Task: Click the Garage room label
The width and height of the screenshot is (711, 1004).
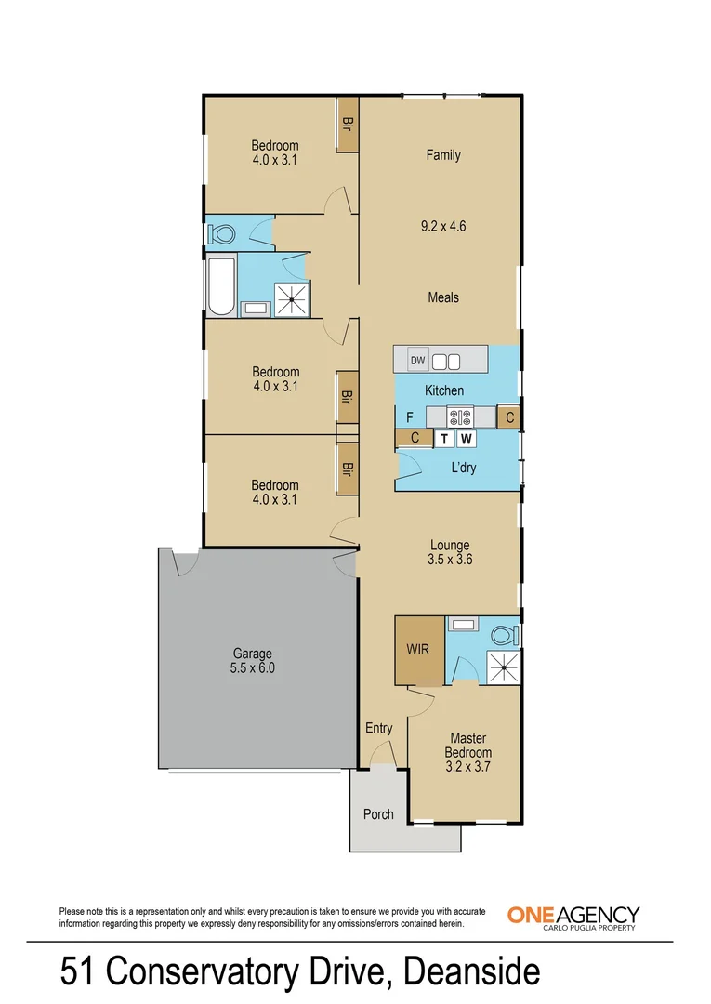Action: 253,654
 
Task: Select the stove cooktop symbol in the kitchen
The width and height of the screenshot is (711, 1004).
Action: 460,416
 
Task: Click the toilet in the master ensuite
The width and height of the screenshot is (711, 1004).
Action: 503,635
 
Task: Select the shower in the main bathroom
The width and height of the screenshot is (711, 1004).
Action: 294,297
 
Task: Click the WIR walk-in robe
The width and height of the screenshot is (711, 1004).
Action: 418,649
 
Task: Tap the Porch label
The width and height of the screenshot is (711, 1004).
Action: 378,814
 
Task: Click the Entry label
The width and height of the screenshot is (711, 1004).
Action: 378,728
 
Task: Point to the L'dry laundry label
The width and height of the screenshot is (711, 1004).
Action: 463,468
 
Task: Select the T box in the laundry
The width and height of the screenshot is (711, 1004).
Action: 444,439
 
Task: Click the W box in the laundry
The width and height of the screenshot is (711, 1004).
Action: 467,439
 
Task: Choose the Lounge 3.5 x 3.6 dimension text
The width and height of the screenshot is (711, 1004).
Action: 449,560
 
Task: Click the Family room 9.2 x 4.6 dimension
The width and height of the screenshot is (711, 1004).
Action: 443,225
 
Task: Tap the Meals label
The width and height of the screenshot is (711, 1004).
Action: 443,297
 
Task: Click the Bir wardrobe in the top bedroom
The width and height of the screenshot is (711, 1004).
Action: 348,125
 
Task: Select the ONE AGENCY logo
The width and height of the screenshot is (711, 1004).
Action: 573,917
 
